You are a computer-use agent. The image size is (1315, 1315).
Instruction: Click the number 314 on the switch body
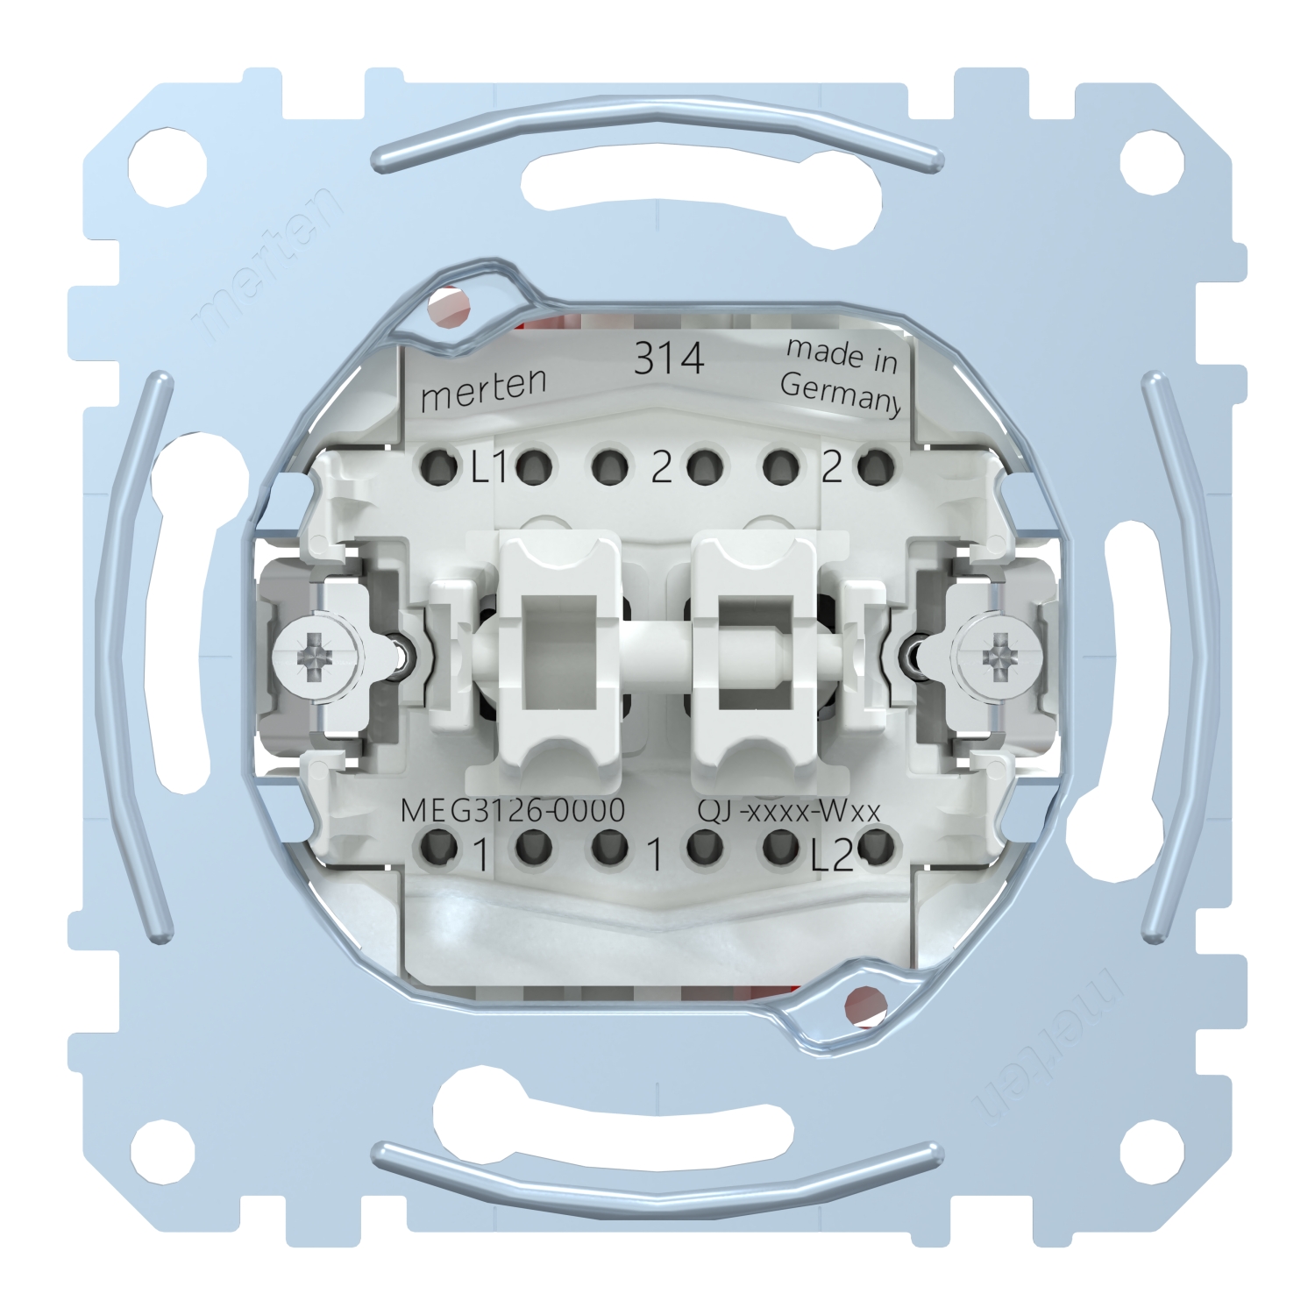669,358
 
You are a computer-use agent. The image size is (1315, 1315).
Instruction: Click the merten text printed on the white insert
484,389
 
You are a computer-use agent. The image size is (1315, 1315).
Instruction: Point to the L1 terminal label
489,470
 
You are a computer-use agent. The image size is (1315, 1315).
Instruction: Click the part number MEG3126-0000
513,810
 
